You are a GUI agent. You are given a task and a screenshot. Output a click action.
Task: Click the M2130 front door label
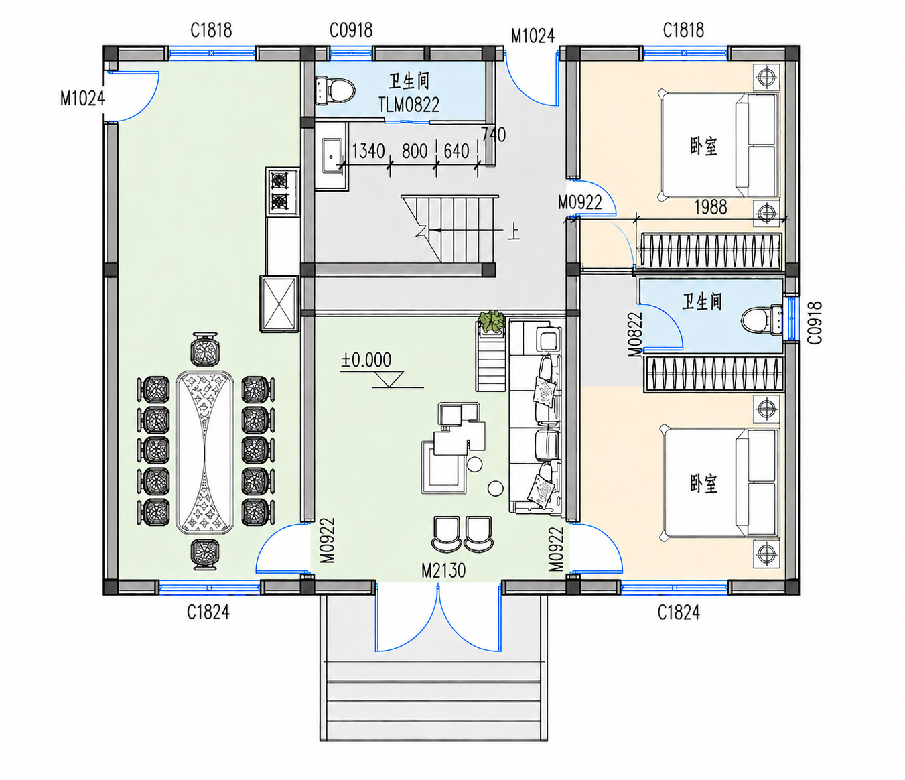click(x=443, y=571)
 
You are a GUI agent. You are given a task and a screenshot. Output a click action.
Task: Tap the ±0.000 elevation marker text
click(x=366, y=360)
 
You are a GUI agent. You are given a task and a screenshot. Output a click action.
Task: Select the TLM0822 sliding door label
click(x=409, y=105)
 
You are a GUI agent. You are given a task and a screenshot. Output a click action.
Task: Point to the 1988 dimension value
click(x=710, y=208)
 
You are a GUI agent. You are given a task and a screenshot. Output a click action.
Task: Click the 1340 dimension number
click(x=368, y=151)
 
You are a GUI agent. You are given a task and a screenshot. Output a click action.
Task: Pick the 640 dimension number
click(x=456, y=151)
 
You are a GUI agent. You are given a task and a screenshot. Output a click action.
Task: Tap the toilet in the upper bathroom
click(x=335, y=90)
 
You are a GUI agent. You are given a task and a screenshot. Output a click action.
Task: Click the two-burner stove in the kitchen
click(x=280, y=192)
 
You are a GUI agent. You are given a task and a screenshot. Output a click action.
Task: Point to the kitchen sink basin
click(x=332, y=156)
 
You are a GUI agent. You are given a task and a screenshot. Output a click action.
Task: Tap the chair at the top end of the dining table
click(x=204, y=348)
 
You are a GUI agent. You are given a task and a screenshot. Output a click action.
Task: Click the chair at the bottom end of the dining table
click(x=204, y=554)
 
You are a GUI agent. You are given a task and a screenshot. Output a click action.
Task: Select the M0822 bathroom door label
click(x=635, y=334)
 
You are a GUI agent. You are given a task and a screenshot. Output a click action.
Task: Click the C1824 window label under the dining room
click(x=208, y=612)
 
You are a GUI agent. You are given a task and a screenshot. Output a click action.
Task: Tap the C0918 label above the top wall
click(x=351, y=31)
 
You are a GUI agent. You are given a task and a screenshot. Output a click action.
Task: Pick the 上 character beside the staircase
click(x=513, y=232)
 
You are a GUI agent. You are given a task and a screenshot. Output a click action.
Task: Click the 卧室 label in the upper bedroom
click(x=703, y=147)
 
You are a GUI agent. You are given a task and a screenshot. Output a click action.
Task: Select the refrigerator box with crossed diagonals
click(x=279, y=304)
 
